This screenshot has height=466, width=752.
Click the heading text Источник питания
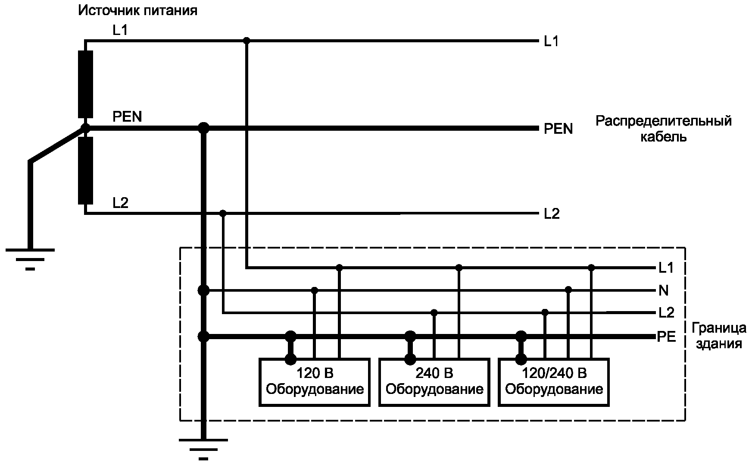click(137, 10)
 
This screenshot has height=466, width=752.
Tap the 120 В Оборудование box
click(314, 382)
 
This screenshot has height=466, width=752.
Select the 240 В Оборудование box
click(434, 382)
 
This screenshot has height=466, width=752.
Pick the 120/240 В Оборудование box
click(553, 382)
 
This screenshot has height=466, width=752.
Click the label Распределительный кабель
click(663, 129)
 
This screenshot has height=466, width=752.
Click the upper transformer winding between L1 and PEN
click(85, 84)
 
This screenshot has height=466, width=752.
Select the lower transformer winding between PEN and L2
click(85, 170)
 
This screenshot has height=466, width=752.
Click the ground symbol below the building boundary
click(203, 449)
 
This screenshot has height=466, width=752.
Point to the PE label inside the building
click(666, 337)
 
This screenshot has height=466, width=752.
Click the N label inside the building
click(664, 291)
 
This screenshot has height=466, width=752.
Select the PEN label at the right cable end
click(558, 129)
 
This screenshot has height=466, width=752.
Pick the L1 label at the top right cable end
click(551, 41)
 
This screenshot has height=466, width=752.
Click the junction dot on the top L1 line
click(247, 41)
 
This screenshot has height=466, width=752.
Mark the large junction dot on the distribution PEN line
click(203, 128)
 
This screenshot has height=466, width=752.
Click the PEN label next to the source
click(127, 116)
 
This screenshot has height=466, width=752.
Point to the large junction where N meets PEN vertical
click(203, 290)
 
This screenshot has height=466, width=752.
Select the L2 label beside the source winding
click(120, 203)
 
